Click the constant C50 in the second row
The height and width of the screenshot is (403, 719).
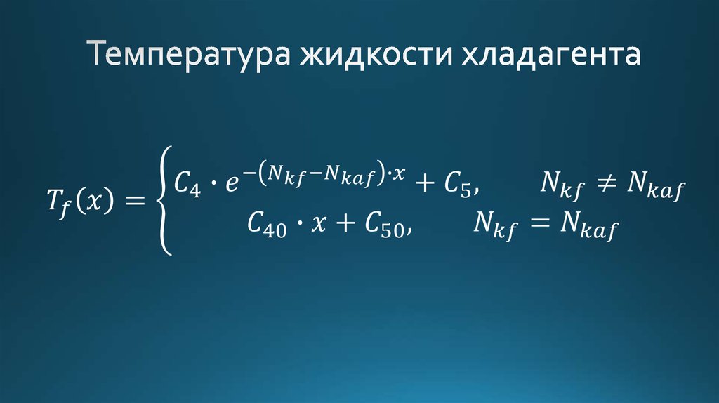click(x=385, y=224)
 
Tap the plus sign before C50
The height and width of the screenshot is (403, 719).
click(x=345, y=223)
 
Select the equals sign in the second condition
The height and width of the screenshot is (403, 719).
click(x=536, y=223)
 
